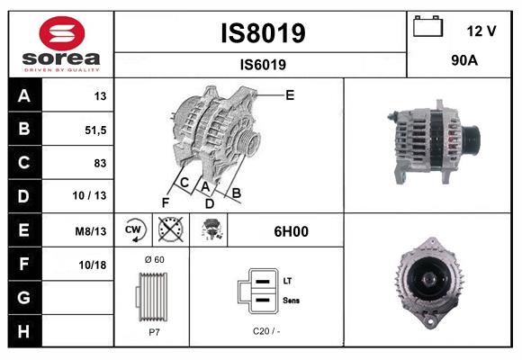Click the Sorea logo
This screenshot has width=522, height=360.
click(x=61, y=45)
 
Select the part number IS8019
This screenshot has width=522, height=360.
click(x=263, y=33)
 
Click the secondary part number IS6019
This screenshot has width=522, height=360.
click(x=263, y=64)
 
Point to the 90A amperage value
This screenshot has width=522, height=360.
click(x=463, y=63)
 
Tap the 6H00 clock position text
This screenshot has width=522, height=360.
click(x=291, y=230)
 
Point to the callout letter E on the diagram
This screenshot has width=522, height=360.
click(x=290, y=94)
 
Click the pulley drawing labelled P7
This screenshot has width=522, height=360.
click(x=150, y=296)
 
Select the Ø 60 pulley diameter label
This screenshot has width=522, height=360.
click(x=151, y=259)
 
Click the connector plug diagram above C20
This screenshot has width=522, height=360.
click(x=259, y=291)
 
